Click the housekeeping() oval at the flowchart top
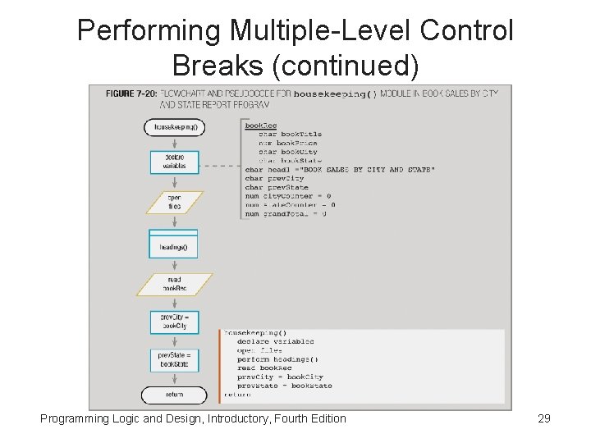[x=174, y=127]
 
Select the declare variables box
[x=174, y=161]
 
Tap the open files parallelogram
[x=174, y=202]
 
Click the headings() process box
[x=174, y=246]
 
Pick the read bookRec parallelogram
[x=174, y=284]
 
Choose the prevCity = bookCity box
[x=174, y=322]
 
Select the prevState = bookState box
[x=174, y=359]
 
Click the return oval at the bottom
[x=174, y=395]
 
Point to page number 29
[x=543, y=419]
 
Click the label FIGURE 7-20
[x=131, y=94]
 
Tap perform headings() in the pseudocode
[x=277, y=359]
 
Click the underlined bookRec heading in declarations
[x=260, y=125]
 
